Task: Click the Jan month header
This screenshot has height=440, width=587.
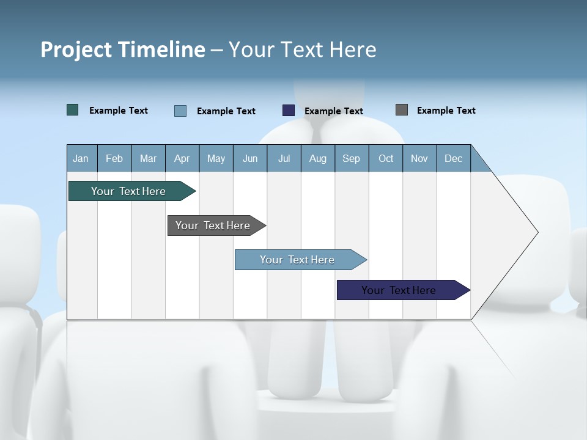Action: (81, 159)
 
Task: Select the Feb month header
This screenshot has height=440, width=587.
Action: (114, 159)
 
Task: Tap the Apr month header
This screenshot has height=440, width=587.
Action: (182, 159)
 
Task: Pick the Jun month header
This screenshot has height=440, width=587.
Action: (250, 159)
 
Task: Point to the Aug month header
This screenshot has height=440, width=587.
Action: (318, 159)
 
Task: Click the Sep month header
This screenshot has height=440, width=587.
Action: (352, 159)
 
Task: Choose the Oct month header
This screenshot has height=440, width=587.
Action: (386, 159)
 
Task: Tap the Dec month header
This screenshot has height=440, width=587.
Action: (454, 159)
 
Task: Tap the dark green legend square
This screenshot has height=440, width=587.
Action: (73, 110)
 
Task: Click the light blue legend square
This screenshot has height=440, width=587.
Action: (180, 111)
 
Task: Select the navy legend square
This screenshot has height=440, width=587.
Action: (289, 111)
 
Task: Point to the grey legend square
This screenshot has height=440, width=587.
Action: (402, 110)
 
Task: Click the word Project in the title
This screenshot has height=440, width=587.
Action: (75, 50)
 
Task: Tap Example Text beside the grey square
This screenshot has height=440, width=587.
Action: (446, 111)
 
